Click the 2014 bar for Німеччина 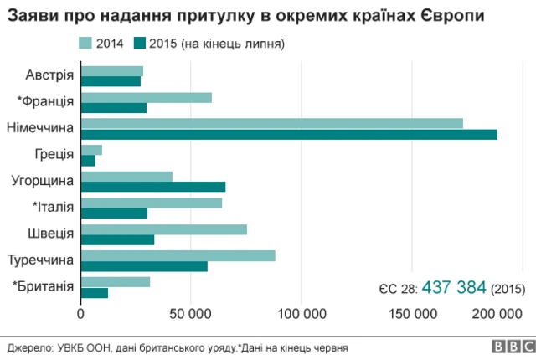pos(272,123)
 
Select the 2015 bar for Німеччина pos(289,134)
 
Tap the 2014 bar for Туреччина pos(178,255)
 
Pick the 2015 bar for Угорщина pos(153,187)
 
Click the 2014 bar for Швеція pos(164,229)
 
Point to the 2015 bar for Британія pos(95,292)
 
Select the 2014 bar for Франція pos(147,97)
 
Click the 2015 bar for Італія pos(115,213)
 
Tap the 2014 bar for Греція pos(92,150)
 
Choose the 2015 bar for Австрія pos(111,81)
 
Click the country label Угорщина pos(43,181)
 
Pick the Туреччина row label pos(41,260)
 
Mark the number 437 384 pos(454,287)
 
